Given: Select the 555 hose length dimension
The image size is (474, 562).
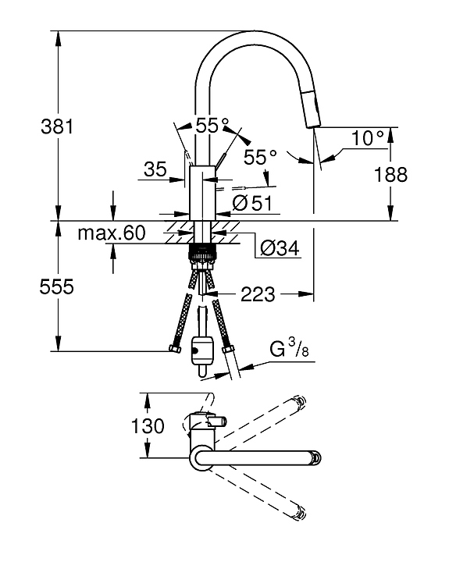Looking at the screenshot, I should point(56,286).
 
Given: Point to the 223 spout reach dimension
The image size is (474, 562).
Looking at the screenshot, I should point(258,293).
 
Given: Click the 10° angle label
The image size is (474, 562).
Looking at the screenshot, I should point(368,138).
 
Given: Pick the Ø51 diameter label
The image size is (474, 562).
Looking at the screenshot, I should point(251,203).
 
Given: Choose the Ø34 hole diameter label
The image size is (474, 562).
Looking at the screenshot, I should point(280,248).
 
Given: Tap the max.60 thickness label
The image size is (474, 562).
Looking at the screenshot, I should point(112,232).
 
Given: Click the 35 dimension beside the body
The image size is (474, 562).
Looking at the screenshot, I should point(156,169).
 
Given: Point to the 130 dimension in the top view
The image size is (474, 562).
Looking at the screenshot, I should point(148,425).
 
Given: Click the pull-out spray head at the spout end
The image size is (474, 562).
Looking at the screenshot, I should point(312,108).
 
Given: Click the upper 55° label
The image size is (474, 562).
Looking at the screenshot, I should point(212,124).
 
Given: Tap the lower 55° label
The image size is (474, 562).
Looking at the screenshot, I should point(260,157).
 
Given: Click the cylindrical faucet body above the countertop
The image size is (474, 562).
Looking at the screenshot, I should point(201,191).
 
